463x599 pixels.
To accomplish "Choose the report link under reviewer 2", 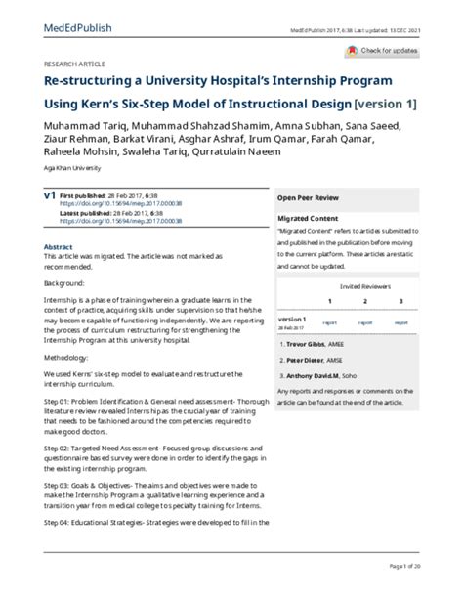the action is click(x=364, y=321).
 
